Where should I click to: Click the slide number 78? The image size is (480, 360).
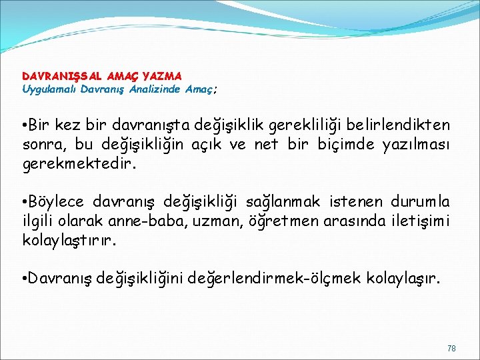click(x=451, y=348)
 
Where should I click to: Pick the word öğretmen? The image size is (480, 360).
click(x=263, y=220)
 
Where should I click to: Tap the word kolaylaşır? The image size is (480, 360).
click(x=405, y=277)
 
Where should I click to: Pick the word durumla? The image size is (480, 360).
click(x=420, y=201)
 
